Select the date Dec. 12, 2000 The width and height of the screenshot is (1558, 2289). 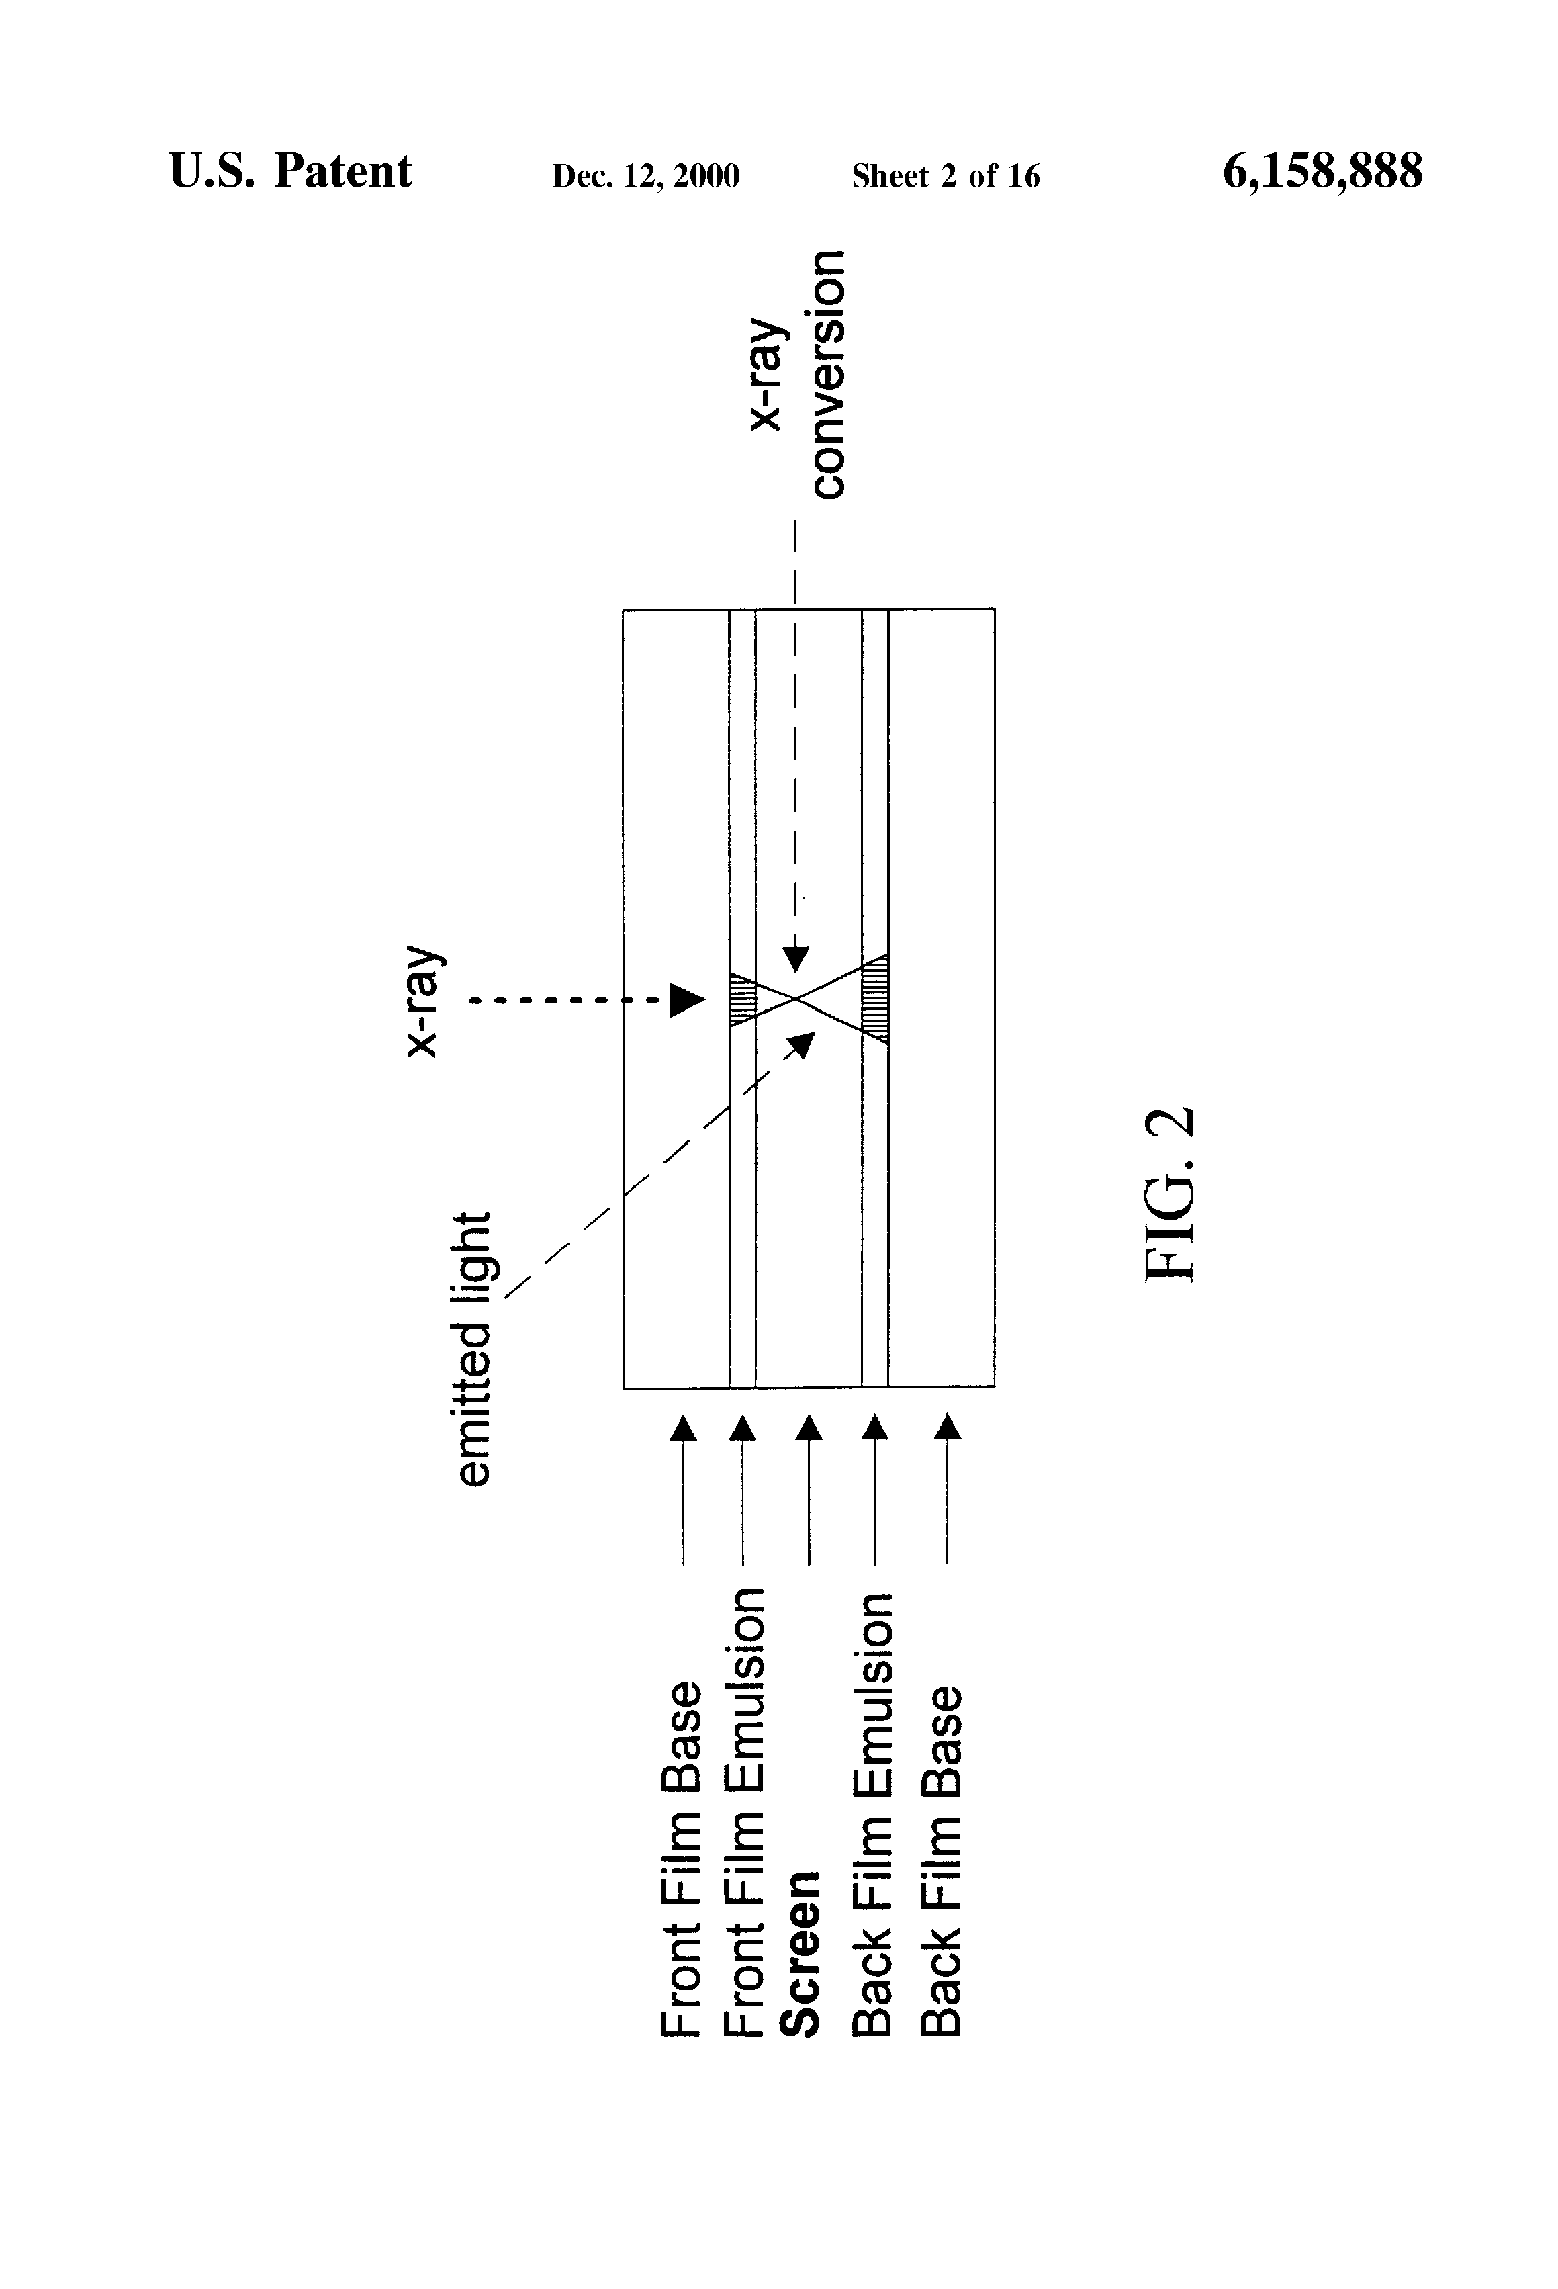pos(645,176)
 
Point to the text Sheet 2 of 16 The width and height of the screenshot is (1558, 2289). pos(946,176)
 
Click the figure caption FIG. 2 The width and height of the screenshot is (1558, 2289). pos(1172,1194)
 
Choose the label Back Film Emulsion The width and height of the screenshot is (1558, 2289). pos(874,1812)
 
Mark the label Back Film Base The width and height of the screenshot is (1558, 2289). pos(942,1860)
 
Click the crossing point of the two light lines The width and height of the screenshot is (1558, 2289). pos(798,999)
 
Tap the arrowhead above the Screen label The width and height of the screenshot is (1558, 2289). pos(809,1427)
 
